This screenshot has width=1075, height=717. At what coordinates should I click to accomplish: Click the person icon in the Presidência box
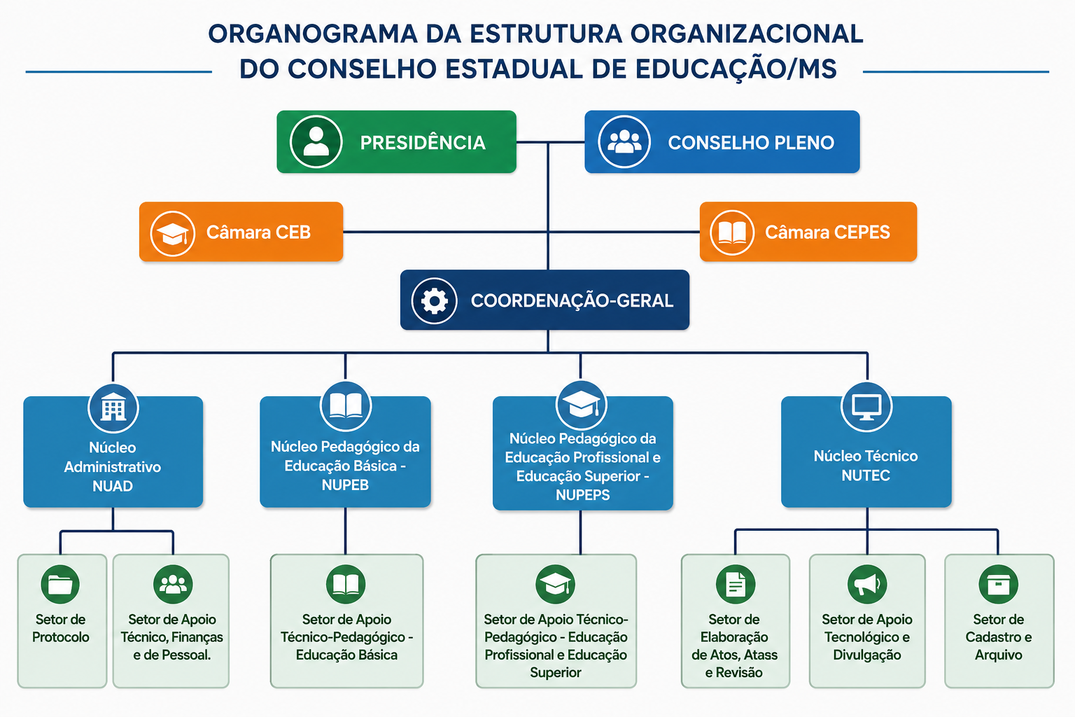tap(316, 141)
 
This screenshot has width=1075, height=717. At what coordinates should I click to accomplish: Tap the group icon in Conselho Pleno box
tap(624, 141)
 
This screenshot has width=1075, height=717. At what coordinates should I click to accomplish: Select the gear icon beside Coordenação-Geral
tap(434, 300)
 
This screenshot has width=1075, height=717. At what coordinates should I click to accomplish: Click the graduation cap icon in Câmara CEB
tap(172, 233)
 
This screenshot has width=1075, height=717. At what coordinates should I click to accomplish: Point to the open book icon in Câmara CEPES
tap(732, 232)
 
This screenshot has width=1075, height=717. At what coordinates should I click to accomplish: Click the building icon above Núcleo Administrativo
tap(113, 408)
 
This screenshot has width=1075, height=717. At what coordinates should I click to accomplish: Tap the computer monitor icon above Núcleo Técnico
tap(866, 407)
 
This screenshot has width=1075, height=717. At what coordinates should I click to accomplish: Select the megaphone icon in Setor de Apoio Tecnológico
tap(866, 584)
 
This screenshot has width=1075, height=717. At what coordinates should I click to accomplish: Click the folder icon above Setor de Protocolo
tap(60, 584)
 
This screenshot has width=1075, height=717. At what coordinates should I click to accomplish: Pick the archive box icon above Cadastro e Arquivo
tap(998, 584)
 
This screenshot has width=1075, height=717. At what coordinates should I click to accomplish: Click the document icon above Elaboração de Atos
tap(736, 584)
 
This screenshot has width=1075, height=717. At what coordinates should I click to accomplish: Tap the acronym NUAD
tap(113, 486)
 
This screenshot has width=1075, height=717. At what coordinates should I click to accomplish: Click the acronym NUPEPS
tap(582, 494)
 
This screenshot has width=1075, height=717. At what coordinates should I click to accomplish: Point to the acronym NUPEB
tap(345, 485)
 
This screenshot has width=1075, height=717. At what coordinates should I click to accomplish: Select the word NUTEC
tap(866, 475)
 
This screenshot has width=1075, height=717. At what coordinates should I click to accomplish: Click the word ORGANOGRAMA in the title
tap(312, 34)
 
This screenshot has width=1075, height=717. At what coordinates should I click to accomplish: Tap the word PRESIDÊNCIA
tap(423, 143)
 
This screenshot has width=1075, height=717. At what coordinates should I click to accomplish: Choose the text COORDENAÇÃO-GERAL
tap(572, 300)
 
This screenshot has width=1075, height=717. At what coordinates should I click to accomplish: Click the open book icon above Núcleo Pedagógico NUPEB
tap(346, 406)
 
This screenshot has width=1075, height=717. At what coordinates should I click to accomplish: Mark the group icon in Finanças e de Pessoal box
tap(173, 584)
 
